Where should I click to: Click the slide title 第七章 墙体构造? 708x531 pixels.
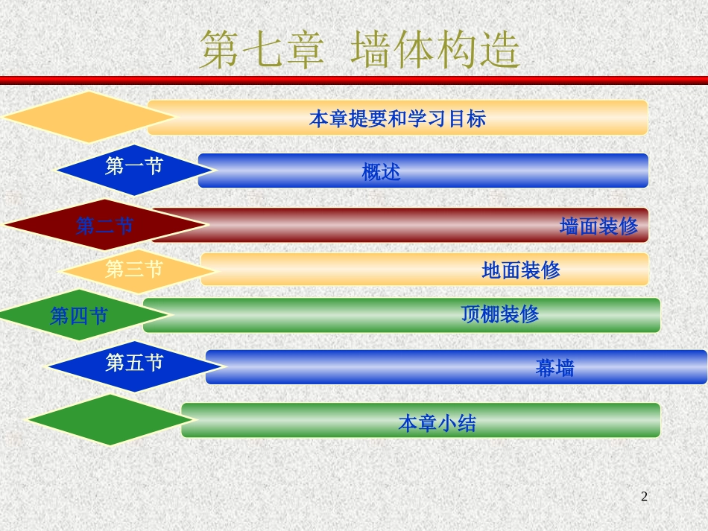click(360, 50)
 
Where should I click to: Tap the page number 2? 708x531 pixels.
click(645, 496)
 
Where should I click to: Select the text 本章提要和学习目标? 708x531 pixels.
click(397, 118)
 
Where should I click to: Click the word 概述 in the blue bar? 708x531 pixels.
click(382, 172)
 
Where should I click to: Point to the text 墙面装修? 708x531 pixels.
click(598, 226)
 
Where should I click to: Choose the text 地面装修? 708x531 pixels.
click(521, 270)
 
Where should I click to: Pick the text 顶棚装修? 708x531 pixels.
click(500, 314)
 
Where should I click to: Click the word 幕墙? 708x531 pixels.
click(555, 368)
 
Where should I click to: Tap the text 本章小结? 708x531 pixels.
click(437, 424)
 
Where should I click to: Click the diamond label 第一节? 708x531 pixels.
click(134, 167)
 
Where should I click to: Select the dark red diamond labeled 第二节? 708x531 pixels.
click(105, 225)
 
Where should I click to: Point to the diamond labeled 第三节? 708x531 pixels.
click(134, 269)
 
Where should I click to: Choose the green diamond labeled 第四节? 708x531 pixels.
click(78, 316)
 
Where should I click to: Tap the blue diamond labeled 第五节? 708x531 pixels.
click(134, 363)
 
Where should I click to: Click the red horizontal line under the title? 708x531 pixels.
click(354, 80)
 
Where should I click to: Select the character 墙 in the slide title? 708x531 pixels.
click(373, 50)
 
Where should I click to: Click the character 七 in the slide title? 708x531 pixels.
click(262, 50)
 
